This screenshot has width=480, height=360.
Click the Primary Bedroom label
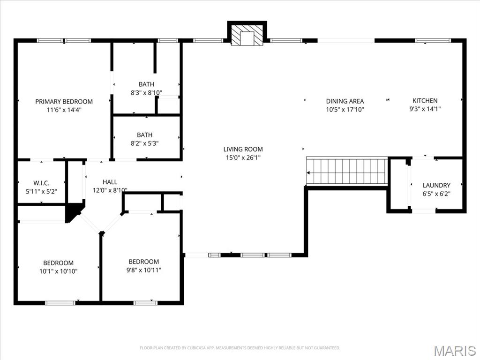click(x=64, y=101)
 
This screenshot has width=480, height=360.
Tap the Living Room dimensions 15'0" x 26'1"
click(x=243, y=158)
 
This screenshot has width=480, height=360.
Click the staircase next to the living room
click(x=347, y=171)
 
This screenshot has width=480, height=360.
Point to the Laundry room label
click(x=436, y=185)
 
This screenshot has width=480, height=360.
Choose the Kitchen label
click(x=425, y=100)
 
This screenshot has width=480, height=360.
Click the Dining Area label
click(x=345, y=101)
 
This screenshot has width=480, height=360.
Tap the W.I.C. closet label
click(x=41, y=183)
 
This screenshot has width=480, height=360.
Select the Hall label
click(x=110, y=182)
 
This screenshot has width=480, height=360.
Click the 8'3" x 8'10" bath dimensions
click(x=146, y=93)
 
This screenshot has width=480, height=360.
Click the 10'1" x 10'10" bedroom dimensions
click(x=58, y=271)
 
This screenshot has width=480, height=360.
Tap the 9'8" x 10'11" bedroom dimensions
click(x=144, y=270)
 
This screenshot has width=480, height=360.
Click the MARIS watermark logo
click(x=455, y=351)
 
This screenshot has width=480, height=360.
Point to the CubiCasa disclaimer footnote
click(x=240, y=348)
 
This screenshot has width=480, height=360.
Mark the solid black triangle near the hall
click(x=73, y=212)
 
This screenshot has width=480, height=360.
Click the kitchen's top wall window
click(x=433, y=41)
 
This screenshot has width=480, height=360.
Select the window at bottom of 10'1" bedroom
click(x=60, y=303)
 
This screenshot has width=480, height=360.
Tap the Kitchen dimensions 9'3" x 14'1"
click(x=425, y=109)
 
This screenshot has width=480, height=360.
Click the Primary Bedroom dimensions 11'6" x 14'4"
click(x=64, y=110)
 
